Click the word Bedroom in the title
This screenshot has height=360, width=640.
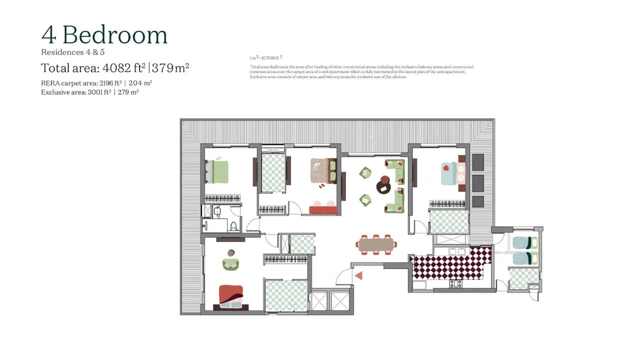coord(115,35)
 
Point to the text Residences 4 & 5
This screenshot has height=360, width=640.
coord(72,52)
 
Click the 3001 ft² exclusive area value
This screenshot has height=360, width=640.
coord(100,92)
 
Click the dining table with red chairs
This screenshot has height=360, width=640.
coord(377,244)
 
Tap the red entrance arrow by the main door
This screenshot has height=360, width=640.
coord(358,275)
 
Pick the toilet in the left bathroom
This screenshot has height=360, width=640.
coord(232,225)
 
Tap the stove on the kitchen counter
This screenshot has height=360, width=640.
coord(456,284)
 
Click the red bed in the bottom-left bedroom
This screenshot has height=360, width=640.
coord(230,297)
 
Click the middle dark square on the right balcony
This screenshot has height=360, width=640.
coord(478,181)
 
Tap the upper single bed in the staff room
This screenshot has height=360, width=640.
coord(525,243)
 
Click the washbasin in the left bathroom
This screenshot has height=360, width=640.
coord(217,211)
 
